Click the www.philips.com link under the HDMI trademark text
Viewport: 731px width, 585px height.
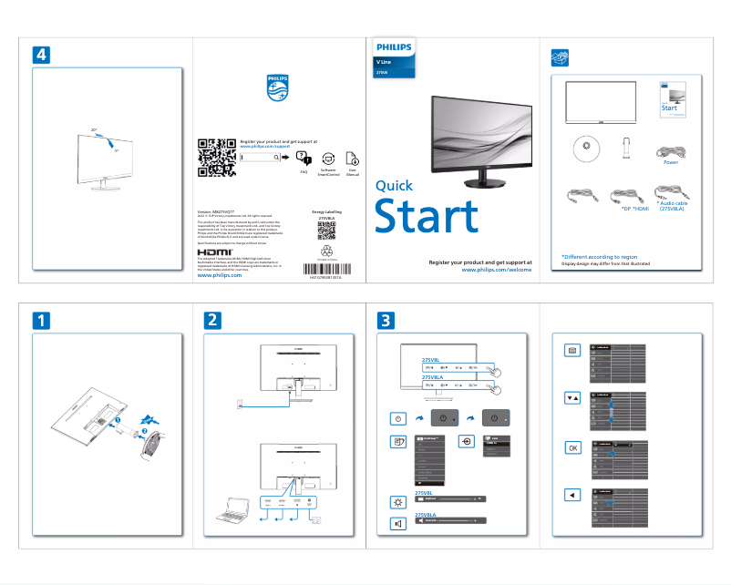pyautogui.click(x=220, y=274)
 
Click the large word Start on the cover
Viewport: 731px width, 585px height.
pyautogui.click(x=427, y=217)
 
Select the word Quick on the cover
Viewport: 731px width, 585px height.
pyautogui.click(x=395, y=186)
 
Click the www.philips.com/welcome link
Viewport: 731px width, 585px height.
pyautogui.click(x=497, y=270)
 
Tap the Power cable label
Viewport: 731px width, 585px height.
pyautogui.click(x=671, y=162)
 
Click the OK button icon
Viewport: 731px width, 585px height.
pyautogui.click(x=571, y=447)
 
